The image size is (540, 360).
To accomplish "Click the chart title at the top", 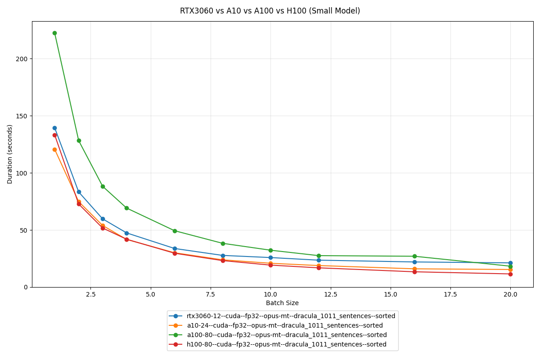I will point(270,11).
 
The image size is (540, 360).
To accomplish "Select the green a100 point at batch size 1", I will point(54,33).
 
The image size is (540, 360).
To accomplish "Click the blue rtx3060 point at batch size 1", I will point(54,128).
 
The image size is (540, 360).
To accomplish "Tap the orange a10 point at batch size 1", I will point(54,149).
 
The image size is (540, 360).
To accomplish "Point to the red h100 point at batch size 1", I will point(54,135).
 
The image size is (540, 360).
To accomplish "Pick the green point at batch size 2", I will point(79,140).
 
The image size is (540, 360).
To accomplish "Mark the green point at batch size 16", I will point(414,256).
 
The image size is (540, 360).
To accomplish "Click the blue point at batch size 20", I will point(510,263).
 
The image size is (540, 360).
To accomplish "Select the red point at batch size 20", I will point(510,274).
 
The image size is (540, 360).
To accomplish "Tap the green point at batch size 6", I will point(175,231).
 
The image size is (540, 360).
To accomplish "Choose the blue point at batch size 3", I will point(103,219).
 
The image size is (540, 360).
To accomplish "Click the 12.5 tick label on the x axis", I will point(330,294).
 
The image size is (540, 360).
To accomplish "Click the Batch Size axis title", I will point(282,303).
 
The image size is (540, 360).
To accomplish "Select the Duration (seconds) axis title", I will point(10,154).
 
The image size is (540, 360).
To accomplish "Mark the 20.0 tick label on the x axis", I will point(510,294).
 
